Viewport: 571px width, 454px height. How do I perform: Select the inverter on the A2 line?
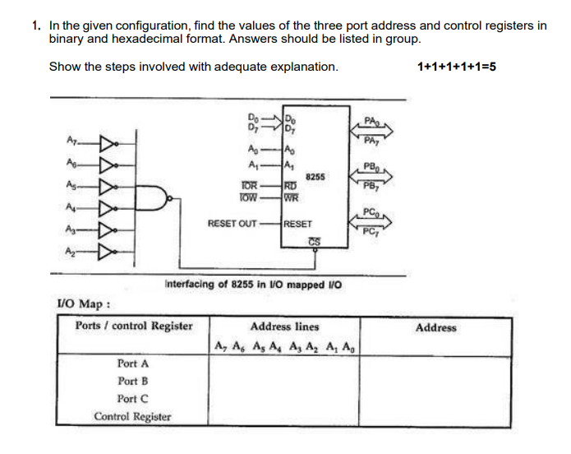click(x=108, y=250)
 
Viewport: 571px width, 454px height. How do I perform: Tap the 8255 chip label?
click(x=315, y=177)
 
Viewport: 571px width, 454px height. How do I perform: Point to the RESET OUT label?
click(x=233, y=223)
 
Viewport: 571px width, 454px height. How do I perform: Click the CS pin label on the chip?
click(x=314, y=241)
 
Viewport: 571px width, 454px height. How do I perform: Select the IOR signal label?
click(x=248, y=186)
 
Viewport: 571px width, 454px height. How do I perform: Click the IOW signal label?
click(x=248, y=197)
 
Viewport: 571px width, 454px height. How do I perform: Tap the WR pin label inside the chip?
click(x=291, y=197)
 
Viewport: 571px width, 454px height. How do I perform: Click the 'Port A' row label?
click(x=133, y=362)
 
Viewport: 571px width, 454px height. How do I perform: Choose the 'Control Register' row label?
click(x=133, y=416)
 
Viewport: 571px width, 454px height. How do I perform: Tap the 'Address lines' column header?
click(x=284, y=327)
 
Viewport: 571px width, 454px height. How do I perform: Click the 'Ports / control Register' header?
click(x=134, y=326)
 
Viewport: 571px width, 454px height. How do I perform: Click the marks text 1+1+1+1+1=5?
click(x=456, y=66)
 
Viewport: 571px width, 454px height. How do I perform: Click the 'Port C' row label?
click(x=133, y=398)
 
